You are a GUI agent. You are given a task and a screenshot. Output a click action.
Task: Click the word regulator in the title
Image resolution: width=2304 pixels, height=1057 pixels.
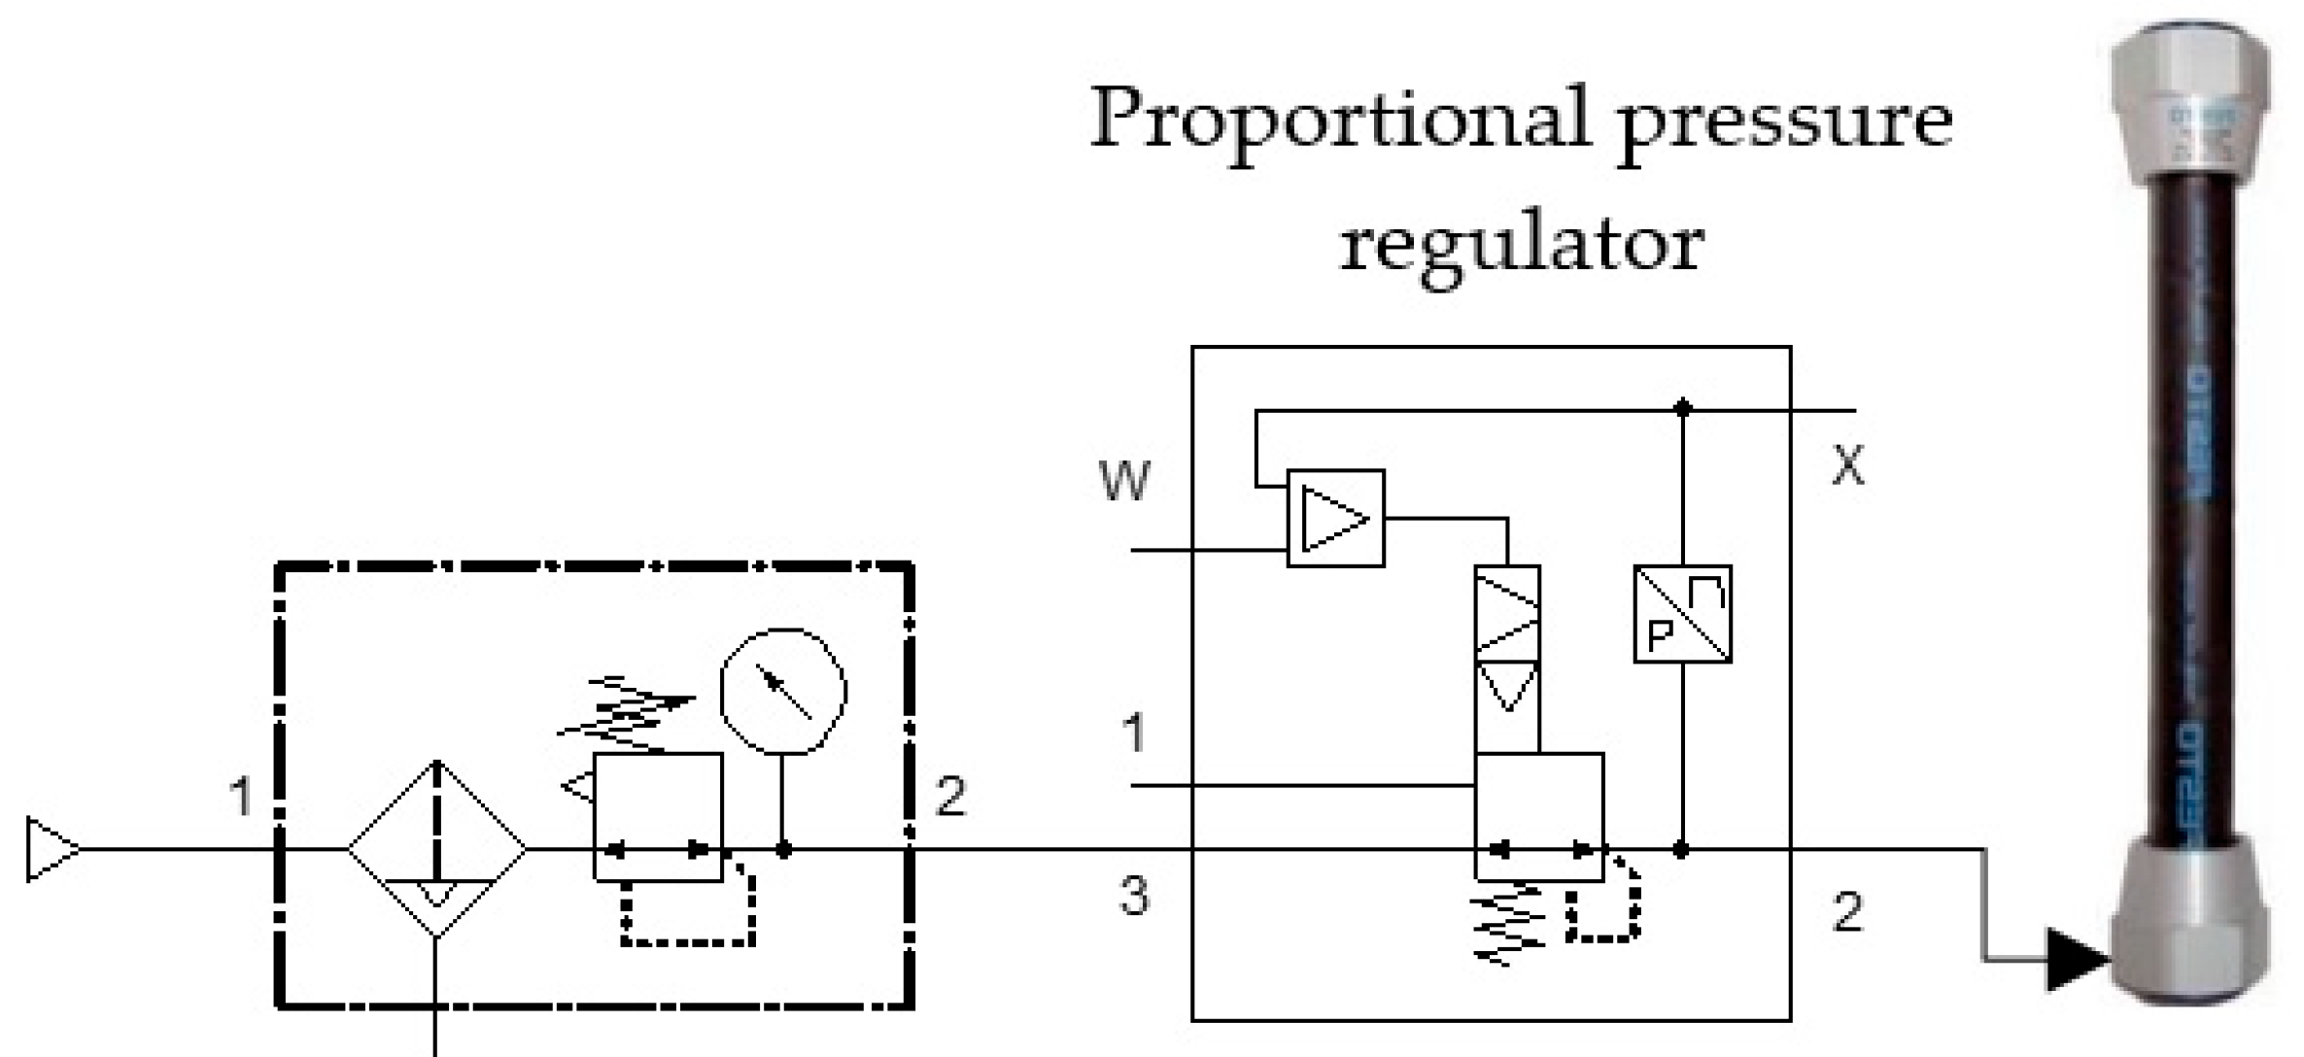point(1521,243)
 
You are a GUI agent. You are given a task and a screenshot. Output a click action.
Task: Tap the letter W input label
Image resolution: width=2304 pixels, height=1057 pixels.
point(1124,480)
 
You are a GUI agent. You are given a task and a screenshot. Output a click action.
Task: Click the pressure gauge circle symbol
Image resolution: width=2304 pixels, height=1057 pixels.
point(783,691)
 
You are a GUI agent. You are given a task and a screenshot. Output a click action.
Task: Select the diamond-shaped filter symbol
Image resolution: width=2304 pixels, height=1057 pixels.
point(437,849)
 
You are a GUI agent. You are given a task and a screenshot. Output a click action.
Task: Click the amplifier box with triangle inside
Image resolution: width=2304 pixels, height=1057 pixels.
point(1335,518)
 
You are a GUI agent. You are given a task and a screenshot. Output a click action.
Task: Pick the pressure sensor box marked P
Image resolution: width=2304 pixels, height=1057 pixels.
point(1682,614)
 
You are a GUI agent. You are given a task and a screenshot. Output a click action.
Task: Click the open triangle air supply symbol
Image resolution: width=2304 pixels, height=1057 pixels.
point(51,849)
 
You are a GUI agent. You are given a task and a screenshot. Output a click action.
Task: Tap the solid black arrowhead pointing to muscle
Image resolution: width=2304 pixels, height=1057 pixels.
point(2075,960)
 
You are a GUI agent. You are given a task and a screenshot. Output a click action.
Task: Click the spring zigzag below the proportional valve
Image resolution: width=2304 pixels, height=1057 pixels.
point(1507,924)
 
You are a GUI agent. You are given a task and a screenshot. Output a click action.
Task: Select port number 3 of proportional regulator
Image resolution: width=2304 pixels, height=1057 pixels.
point(1134,896)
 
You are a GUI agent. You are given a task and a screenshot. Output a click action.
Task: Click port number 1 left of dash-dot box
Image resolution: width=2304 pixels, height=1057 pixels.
point(240,797)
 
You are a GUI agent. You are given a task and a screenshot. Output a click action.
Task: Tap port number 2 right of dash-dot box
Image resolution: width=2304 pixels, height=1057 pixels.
point(949,797)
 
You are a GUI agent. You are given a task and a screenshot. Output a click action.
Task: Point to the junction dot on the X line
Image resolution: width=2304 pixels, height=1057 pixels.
point(1683,409)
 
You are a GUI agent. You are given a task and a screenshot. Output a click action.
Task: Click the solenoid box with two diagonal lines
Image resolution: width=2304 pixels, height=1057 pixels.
point(1507,614)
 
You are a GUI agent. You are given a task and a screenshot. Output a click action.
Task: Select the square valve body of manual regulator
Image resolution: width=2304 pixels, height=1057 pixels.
point(658,816)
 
